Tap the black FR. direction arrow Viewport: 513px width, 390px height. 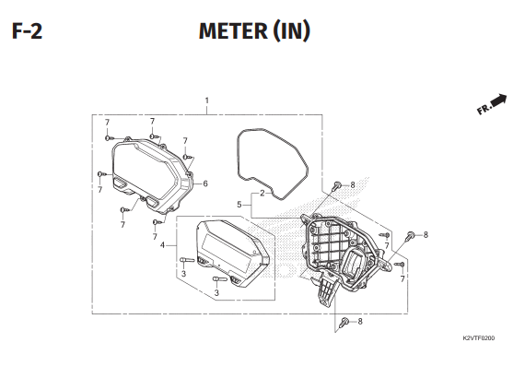[x=498, y=99]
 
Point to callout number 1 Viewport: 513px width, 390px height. [x=207, y=100]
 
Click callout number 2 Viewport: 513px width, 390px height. [x=262, y=194]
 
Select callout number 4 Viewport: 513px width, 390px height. [x=162, y=245]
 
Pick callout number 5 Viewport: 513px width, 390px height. [x=239, y=204]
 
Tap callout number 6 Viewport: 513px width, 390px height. [x=204, y=183]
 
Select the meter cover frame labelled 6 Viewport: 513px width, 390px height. [x=147, y=171]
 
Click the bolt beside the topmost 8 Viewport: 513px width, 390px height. [x=336, y=186]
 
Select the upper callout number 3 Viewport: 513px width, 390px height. [x=183, y=274]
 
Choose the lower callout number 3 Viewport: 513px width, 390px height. [x=216, y=293]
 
